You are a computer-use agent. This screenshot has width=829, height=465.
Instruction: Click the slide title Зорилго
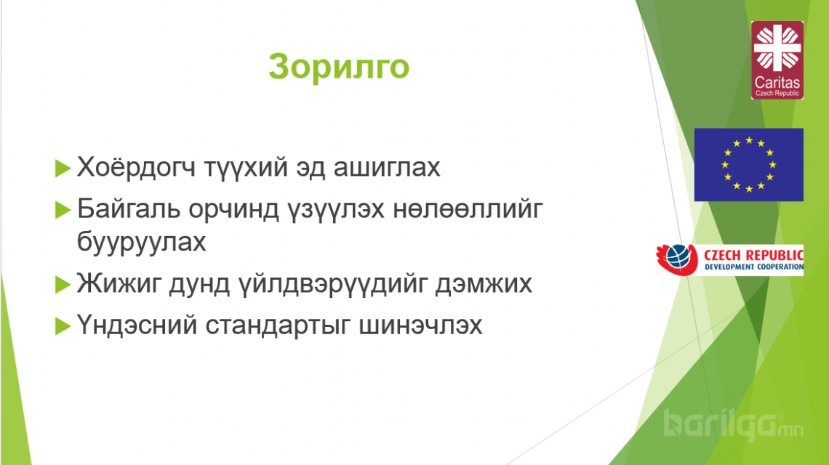339,67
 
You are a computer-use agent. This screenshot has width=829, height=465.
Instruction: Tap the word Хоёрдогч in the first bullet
136,167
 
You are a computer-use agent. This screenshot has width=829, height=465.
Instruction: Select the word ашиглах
386,168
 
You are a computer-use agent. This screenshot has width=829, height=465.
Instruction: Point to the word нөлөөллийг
468,209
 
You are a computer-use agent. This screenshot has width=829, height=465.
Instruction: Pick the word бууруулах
141,243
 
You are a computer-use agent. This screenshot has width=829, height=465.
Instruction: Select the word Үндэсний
137,325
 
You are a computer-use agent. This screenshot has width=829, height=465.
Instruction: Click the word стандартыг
278,325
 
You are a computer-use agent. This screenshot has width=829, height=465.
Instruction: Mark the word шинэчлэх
420,325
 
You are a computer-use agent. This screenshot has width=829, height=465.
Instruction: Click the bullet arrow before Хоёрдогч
63,169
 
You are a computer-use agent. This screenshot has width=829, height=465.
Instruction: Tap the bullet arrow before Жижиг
63,285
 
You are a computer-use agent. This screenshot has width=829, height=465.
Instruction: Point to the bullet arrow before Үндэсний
63,326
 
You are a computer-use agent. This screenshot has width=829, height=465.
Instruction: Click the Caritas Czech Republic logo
777,60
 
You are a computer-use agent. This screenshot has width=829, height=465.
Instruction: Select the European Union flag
748,164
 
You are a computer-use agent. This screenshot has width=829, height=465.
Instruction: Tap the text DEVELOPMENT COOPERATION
754,267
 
